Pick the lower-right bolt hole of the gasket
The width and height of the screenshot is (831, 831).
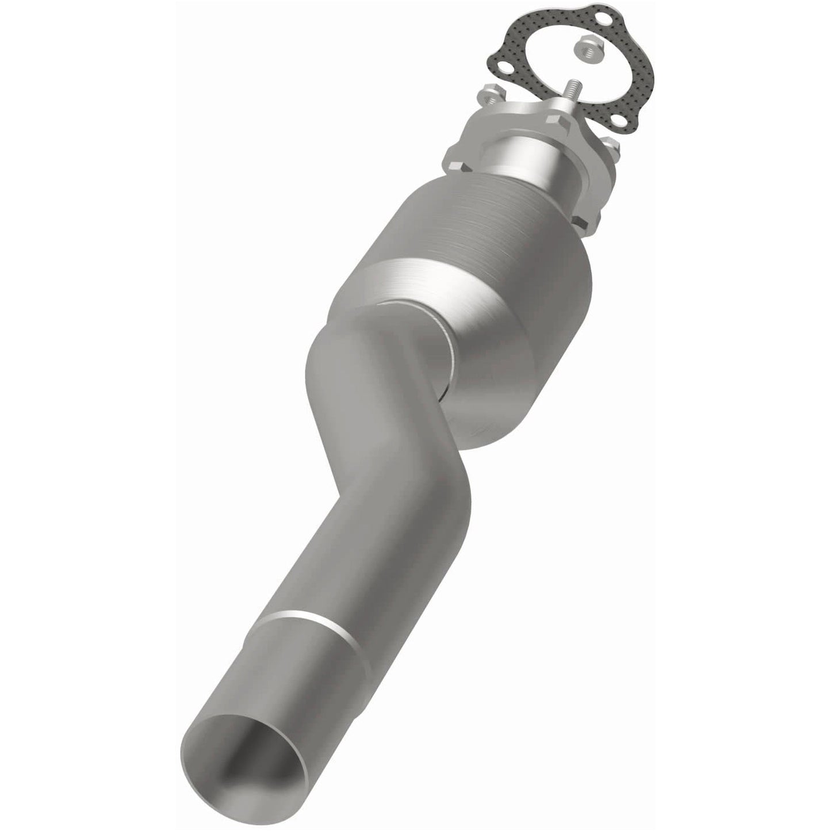coord(621,120)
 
